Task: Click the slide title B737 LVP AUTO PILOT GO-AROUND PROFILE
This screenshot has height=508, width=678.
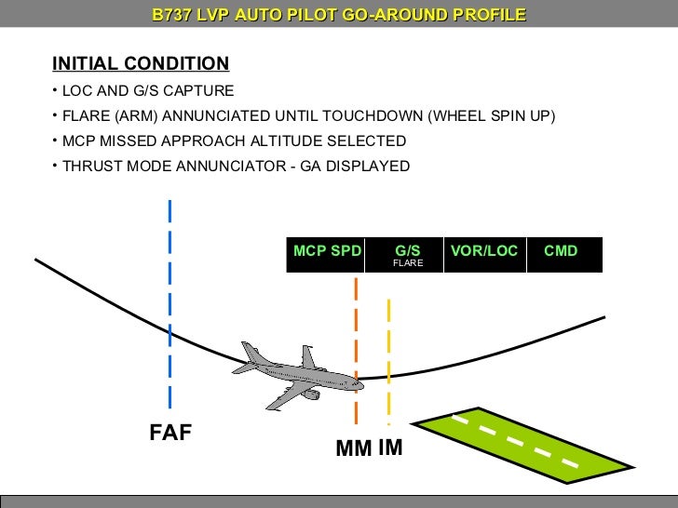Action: pyautogui.click(x=339, y=15)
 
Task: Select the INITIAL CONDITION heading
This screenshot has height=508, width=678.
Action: pyautogui.click(x=141, y=63)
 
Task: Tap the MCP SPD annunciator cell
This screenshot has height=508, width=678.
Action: pyautogui.click(x=327, y=251)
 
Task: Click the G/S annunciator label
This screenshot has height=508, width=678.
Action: pyautogui.click(x=407, y=250)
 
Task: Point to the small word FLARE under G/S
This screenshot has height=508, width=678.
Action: pyautogui.click(x=407, y=264)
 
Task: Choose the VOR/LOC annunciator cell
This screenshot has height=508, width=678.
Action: pyautogui.click(x=484, y=251)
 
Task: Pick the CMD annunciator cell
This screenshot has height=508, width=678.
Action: pyautogui.click(x=561, y=251)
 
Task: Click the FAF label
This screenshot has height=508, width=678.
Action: pyautogui.click(x=170, y=433)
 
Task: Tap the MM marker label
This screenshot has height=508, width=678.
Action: pyautogui.click(x=354, y=449)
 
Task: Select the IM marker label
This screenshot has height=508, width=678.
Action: pyautogui.click(x=391, y=448)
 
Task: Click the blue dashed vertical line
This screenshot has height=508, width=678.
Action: pyautogui.click(x=169, y=307)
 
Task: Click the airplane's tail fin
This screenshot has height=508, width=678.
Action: pyautogui.click(x=307, y=357)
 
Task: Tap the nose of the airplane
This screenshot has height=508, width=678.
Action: pyautogui.click(x=359, y=381)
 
